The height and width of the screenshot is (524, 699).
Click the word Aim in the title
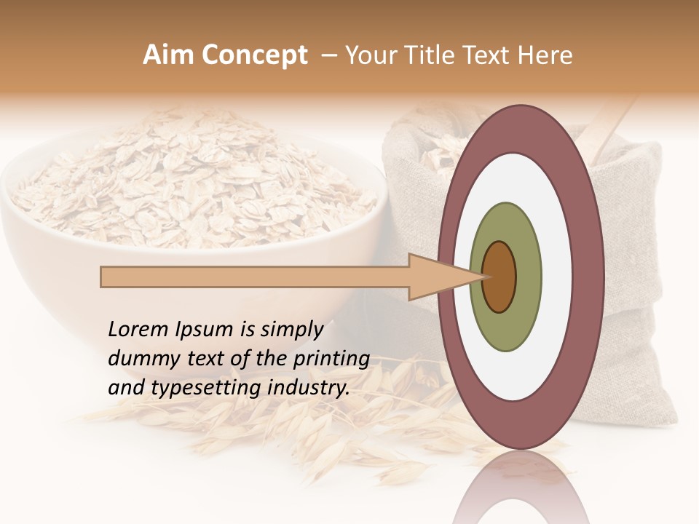pyautogui.click(x=165, y=55)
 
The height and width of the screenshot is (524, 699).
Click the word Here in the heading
pyautogui.click(x=547, y=55)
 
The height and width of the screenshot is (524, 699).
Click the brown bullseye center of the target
pyautogui.click(x=499, y=277)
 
